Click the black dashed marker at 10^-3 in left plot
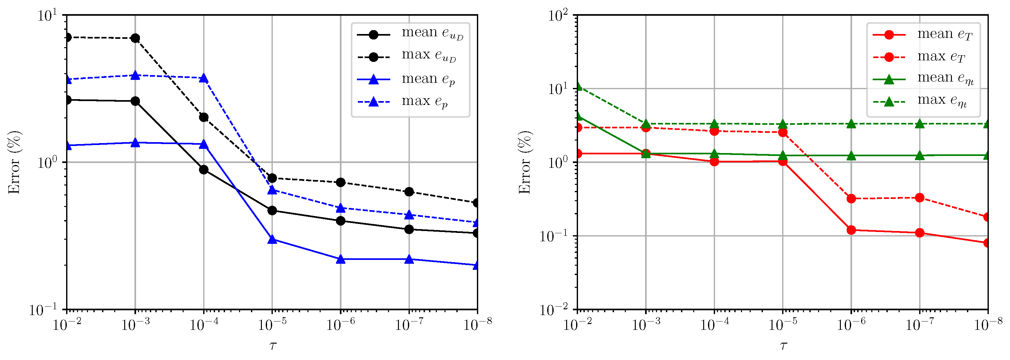[x=135, y=38]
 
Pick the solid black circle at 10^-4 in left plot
[x=203, y=169]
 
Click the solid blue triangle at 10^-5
[x=272, y=239]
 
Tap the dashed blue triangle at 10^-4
[x=203, y=78]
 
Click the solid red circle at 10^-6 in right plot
[x=851, y=230]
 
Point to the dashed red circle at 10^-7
[x=920, y=198]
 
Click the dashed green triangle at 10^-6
[x=851, y=124]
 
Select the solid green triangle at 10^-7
[x=920, y=156]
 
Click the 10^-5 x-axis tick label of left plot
[x=272, y=325]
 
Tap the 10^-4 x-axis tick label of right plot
[x=714, y=325]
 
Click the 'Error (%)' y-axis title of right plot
[x=525, y=162]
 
